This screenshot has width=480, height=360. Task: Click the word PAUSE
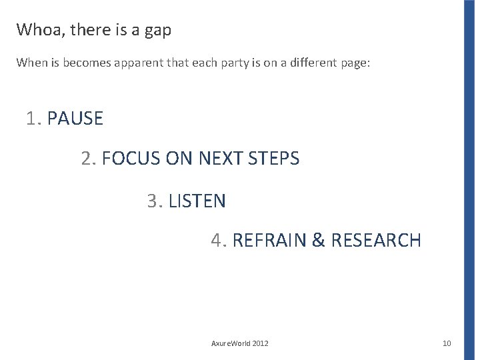pos(75,119)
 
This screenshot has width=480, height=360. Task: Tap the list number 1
pos(32,119)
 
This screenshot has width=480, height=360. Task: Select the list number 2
pos(87,159)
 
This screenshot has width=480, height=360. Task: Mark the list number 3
pos(154,200)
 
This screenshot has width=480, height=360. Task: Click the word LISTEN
pos(197,200)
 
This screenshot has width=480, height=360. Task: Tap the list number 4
pos(218,240)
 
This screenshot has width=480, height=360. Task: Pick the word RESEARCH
pos(377,240)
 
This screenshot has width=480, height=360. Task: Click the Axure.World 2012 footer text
pos(240,343)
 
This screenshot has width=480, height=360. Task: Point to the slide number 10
pos(447,343)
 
